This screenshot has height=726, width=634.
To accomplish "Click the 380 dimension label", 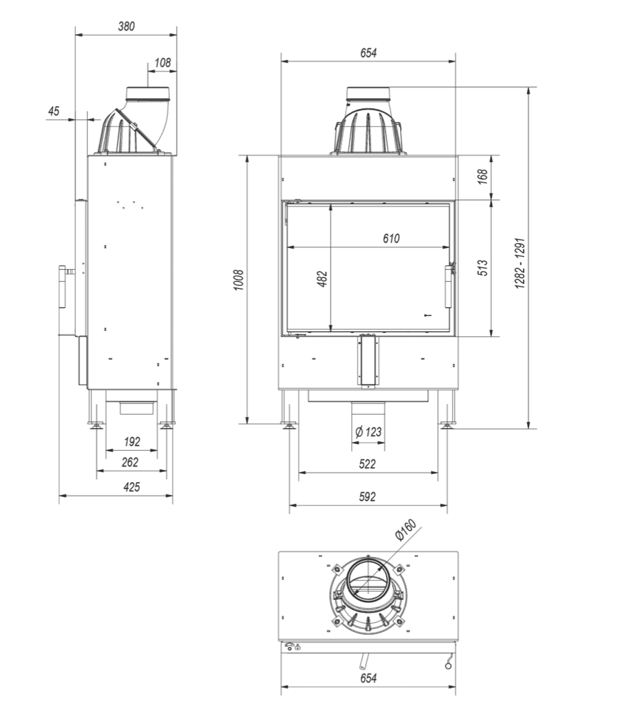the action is (x=126, y=27).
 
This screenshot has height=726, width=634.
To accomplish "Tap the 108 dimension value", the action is (x=163, y=63).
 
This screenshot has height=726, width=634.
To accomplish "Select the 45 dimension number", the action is (x=54, y=111).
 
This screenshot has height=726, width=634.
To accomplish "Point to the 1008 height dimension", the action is (x=239, y=280).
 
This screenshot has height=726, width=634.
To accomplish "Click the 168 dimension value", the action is (x=483, y=176).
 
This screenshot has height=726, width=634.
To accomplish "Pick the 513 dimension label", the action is (x=483, y=268).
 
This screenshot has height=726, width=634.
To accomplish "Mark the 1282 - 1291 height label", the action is (x=520, y=264).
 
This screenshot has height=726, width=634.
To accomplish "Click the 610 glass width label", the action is (x=391, y=238).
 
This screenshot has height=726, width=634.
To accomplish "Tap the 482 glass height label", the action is (x=322, y=279).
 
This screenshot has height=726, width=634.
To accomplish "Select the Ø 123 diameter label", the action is (x=368, y=432).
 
